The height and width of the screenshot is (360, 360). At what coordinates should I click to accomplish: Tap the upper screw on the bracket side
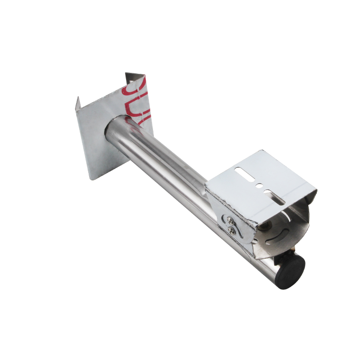coord(230,220)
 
